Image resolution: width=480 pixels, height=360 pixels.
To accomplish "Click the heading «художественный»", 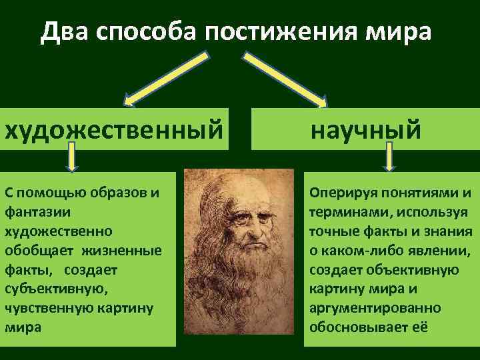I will click(113, 129).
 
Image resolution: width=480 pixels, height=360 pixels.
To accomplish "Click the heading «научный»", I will click(365, 129).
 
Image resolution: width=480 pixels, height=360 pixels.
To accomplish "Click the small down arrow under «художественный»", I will click(71, 160).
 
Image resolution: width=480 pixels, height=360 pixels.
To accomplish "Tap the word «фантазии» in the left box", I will click(33, 212).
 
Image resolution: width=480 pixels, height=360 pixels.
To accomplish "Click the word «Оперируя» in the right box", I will click(337, 193).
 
